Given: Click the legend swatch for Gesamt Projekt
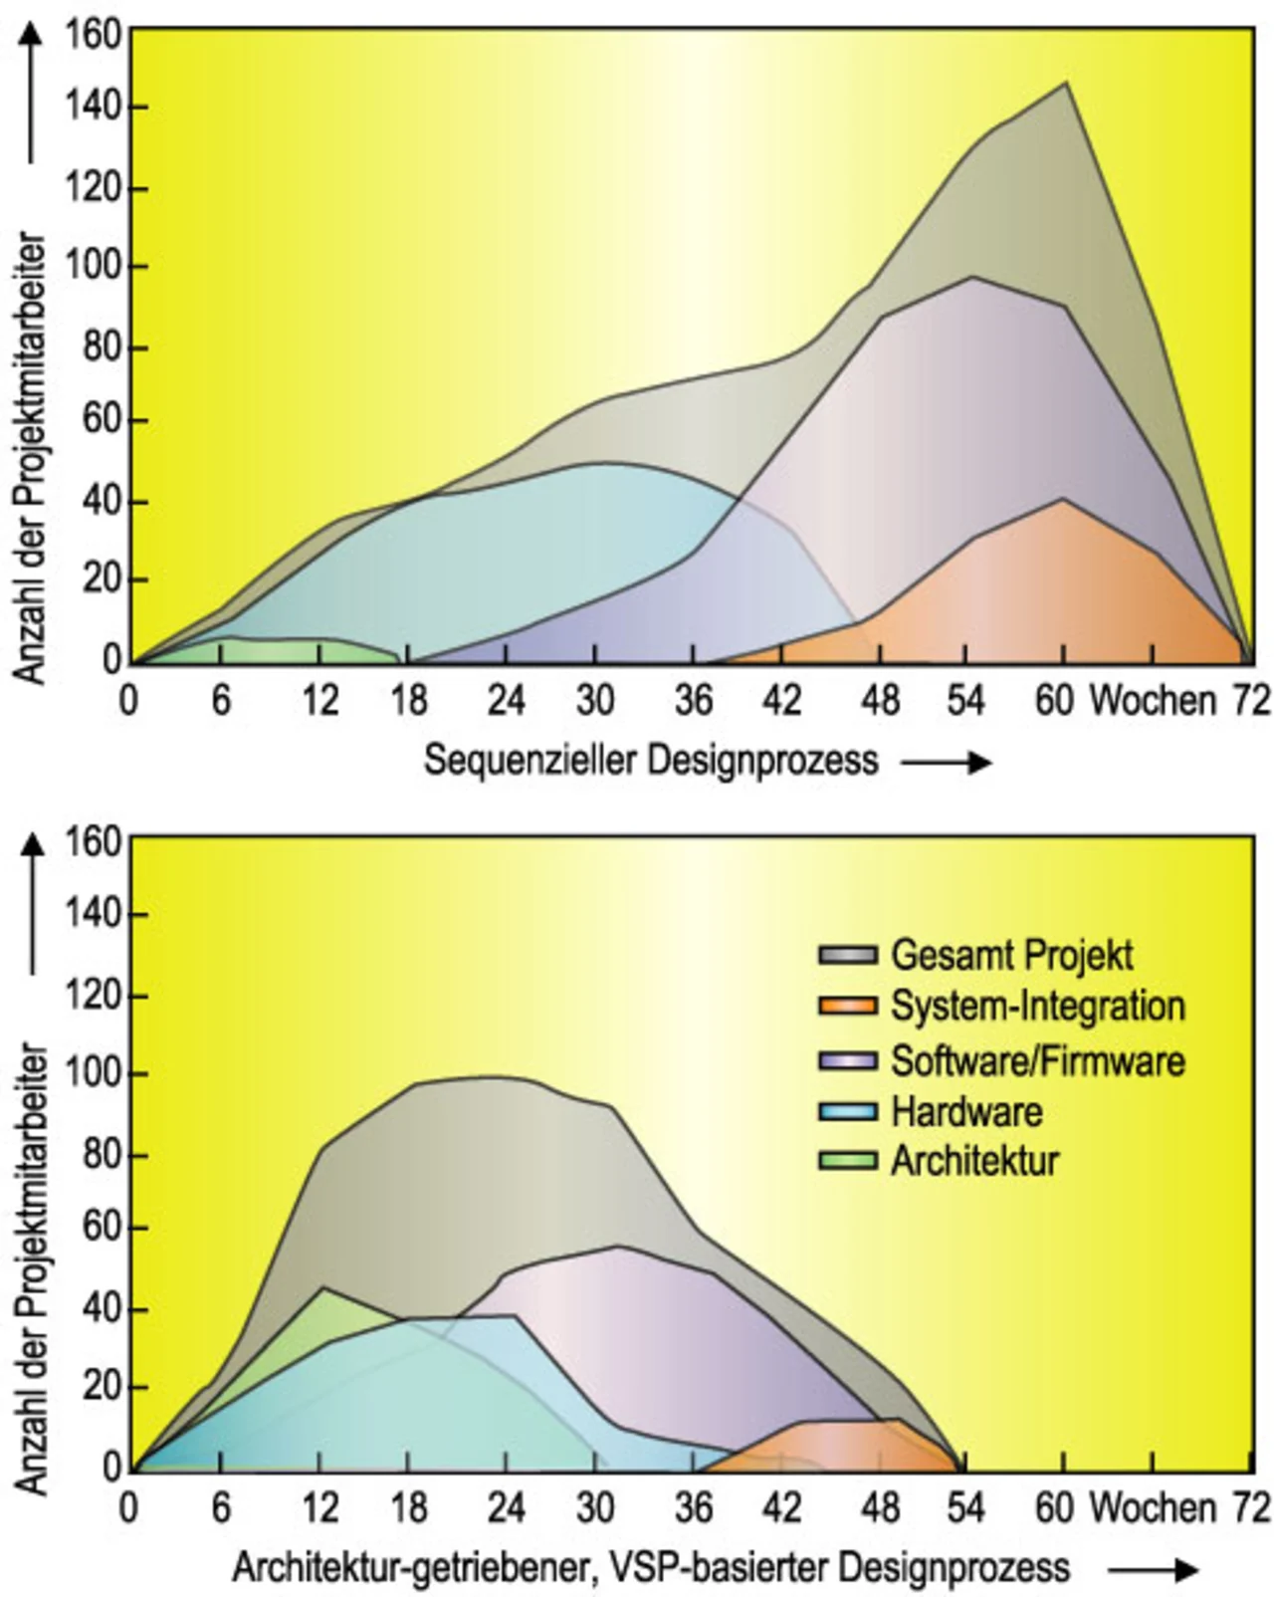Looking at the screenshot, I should click(847, 955).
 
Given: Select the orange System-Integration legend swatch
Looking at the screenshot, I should click(847, 1007).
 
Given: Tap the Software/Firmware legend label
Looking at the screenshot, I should click(1038, 1060).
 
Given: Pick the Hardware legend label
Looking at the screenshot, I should click(966, 1111).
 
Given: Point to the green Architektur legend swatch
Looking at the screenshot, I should click(847, 1161).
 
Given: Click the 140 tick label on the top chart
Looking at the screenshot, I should click(94, 108).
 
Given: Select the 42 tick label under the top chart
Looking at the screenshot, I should click(781, 701).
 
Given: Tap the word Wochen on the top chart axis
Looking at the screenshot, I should click(1153, 701).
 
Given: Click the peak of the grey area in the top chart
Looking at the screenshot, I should click(1066, 83).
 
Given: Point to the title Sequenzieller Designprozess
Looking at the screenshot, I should click(651, 761).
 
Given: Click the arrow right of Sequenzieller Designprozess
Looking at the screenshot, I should click(947, 763).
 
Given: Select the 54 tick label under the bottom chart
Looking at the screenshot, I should click(963, 1508).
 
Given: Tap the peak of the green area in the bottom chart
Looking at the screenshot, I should click(322, 1288).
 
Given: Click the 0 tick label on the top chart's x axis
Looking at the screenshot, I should click(128, 701).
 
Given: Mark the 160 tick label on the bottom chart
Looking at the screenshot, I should click(94, 842).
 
